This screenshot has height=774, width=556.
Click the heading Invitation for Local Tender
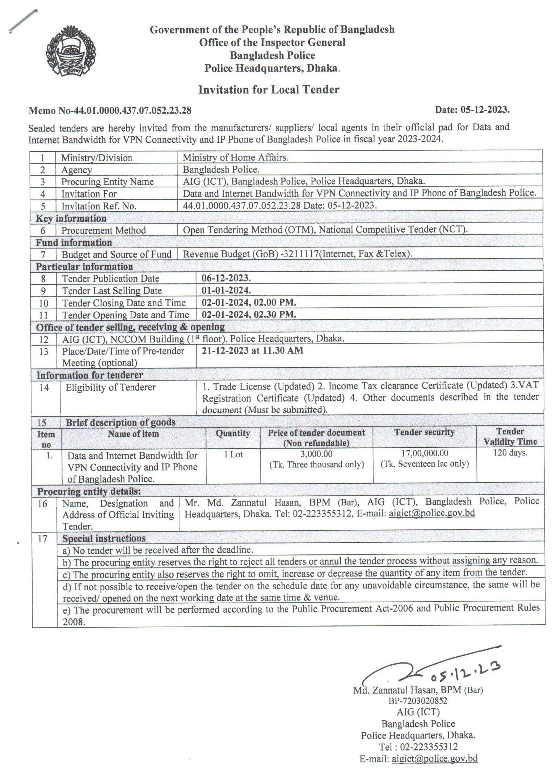[x=269, y=90]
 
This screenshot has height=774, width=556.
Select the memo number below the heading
[x=110, y=111]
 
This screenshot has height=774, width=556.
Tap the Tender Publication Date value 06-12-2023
[x=226, y=278]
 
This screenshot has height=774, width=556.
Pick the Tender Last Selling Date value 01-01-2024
[x=226, y=290]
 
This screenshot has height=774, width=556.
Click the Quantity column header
[x=233, y=433]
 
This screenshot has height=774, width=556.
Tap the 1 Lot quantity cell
[x=233, y=454]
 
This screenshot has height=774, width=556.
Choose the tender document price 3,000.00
[x=316, y=454]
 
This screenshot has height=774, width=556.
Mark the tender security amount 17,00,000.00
[x=425, y=453]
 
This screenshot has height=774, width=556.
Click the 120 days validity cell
[x=510, y=453]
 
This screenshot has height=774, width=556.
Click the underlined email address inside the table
[x=431, y=513]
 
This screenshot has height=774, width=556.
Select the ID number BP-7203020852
[x=418, y=701]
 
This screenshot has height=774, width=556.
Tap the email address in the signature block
[x=434, y=759]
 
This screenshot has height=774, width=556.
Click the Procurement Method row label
[x=104, y=230]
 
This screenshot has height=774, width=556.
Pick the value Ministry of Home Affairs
[x=235, y=157]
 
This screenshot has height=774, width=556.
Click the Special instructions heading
[x=104, y=538]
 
